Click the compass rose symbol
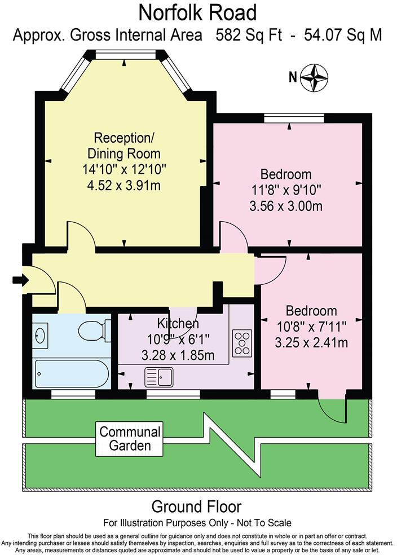(314, 77)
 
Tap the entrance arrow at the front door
(20, 280)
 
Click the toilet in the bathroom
(94, 331)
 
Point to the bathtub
(71, 373)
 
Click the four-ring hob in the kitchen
(242, 343)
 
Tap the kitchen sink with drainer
(159, 377)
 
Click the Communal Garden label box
(130, 438)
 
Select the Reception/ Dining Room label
(124, 146)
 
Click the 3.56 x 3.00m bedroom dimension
(286, 206)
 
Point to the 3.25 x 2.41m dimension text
(311, 342)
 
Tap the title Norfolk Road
(197, 13)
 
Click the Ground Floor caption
(196, 507)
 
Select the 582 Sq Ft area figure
(249, 35)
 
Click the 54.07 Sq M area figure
(343, 35)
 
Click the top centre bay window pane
(126, 55)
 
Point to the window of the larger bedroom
(294, 118)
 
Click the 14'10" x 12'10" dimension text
(124, 169)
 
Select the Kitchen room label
(178, 323)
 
